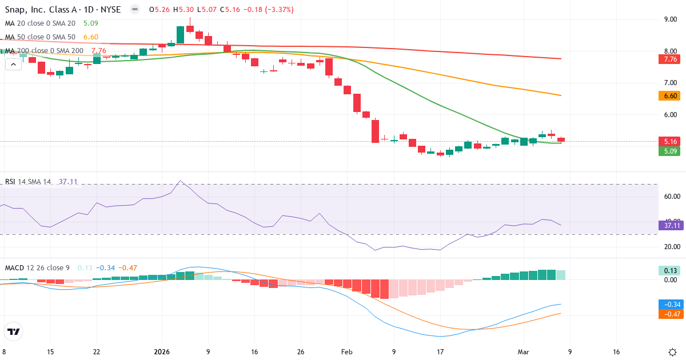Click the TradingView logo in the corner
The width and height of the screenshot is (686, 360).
(x=14, y=331)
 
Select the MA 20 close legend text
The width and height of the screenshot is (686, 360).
(x=40, y=23)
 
